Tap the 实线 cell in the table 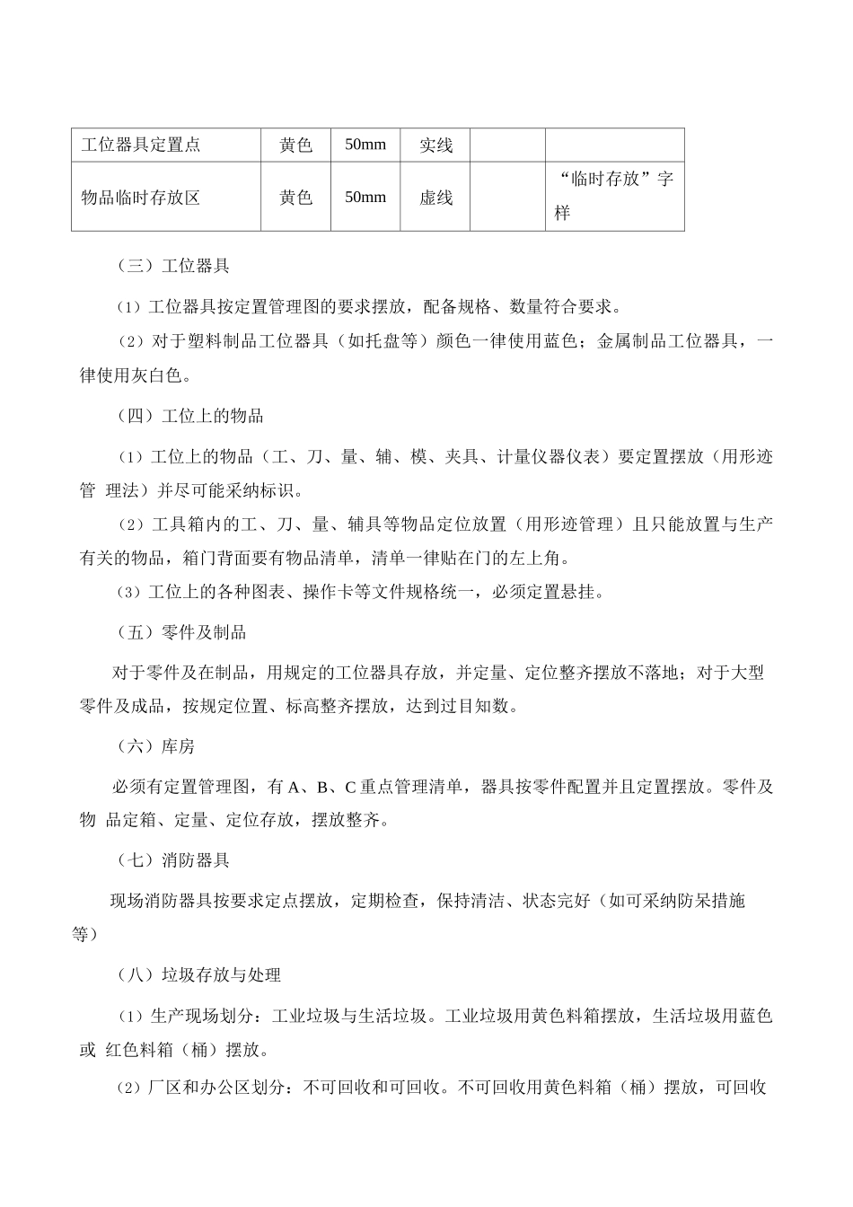click(435, 145)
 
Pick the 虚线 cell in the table click(435, 197)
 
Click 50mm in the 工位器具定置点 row click(365, 145)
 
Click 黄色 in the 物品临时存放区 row click(295, 197)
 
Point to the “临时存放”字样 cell click(614, 196)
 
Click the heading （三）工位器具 click(173, 266)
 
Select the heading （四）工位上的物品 click(190, 416)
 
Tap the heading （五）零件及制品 click(181, 632)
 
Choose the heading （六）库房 click(155, 746)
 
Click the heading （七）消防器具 click(173, 860)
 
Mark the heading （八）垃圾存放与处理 click(199, 974)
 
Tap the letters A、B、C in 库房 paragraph click(323, 788)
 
